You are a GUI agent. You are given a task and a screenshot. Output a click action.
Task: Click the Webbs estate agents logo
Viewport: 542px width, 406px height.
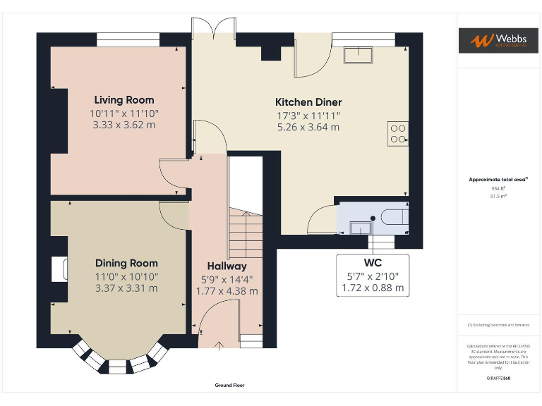coord(498,40)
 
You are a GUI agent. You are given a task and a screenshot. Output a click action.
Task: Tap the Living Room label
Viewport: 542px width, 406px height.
coord(124,100)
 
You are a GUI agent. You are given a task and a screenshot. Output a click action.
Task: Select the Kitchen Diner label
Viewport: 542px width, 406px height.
coord(308,102)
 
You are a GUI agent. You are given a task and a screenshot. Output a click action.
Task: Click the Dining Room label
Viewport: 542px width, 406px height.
coord(126,263)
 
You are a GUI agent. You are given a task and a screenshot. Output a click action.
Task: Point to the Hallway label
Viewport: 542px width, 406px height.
coord(227,266)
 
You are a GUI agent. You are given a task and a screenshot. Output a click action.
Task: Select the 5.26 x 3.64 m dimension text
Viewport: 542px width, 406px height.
coord(308,128)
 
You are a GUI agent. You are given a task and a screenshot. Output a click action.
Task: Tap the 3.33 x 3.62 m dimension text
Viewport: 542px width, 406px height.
coord(124,125)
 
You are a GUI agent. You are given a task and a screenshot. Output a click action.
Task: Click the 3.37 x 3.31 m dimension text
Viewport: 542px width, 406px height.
coord(126,288)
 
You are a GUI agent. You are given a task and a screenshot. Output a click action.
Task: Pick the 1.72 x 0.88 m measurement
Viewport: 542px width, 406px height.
coord(373,288)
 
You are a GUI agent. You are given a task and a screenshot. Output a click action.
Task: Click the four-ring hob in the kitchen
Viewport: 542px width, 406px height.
coord(398,133)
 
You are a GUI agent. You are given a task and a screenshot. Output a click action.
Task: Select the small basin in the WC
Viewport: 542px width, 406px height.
coord(361,227)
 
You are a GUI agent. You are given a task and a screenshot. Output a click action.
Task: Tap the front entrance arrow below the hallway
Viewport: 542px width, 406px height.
coord(218,345)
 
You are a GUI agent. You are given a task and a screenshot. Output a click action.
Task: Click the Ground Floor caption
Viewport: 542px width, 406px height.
coord(230,386)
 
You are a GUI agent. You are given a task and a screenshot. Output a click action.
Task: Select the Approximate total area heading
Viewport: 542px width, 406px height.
coord(498,180)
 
